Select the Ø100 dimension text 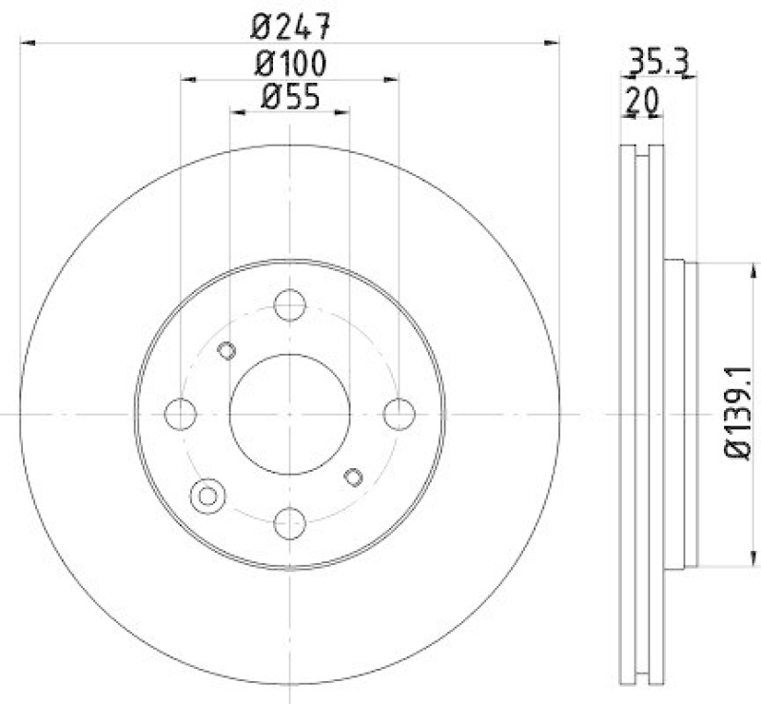(x=290, y=65)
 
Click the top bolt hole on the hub (x=289, y=305)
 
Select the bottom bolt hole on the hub (x=289, y=522)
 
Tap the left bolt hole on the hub (x=180, y=414)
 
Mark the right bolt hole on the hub (x=399, y=414)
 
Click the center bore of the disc (x=289, y=414)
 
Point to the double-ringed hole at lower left (x=206, y=495)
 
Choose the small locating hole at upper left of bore (x=226, y=350)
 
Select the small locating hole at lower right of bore (x=353, y=477)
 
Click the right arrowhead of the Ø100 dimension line (x=391, y=79)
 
